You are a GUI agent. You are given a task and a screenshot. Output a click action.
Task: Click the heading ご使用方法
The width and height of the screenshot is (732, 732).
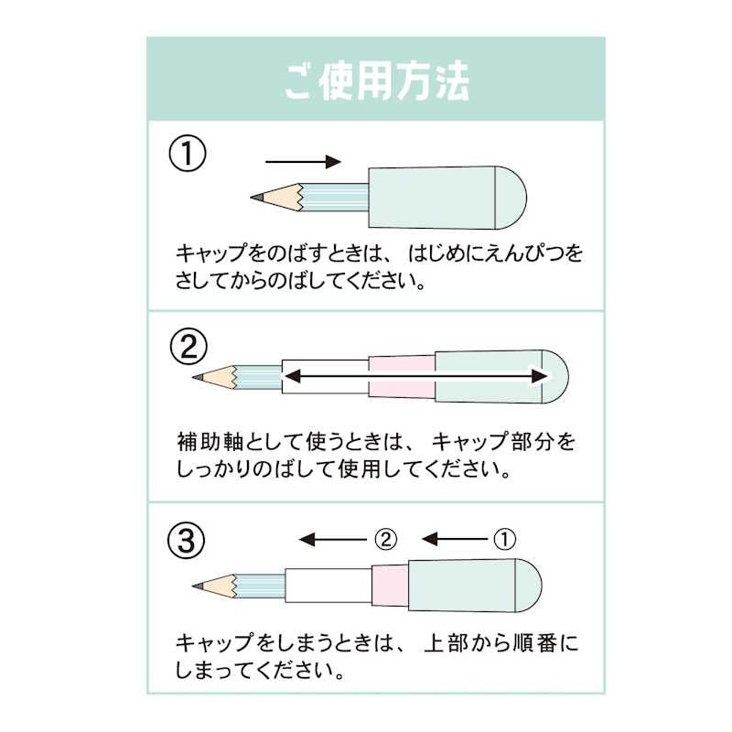point(375,81)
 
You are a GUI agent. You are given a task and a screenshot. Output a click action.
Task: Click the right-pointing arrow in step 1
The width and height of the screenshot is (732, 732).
point(302,162)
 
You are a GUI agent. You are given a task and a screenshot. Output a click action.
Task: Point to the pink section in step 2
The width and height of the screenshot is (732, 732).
point(401,376)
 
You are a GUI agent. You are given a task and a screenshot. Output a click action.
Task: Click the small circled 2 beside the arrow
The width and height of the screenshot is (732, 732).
point(385,539)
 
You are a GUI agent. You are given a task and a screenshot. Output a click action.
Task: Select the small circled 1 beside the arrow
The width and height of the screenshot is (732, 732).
point(504,539)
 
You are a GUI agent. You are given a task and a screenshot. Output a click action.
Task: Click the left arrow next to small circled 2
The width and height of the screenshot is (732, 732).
point(334,539)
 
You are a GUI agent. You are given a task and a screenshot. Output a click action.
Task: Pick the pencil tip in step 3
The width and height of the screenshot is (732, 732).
point(199,584)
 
